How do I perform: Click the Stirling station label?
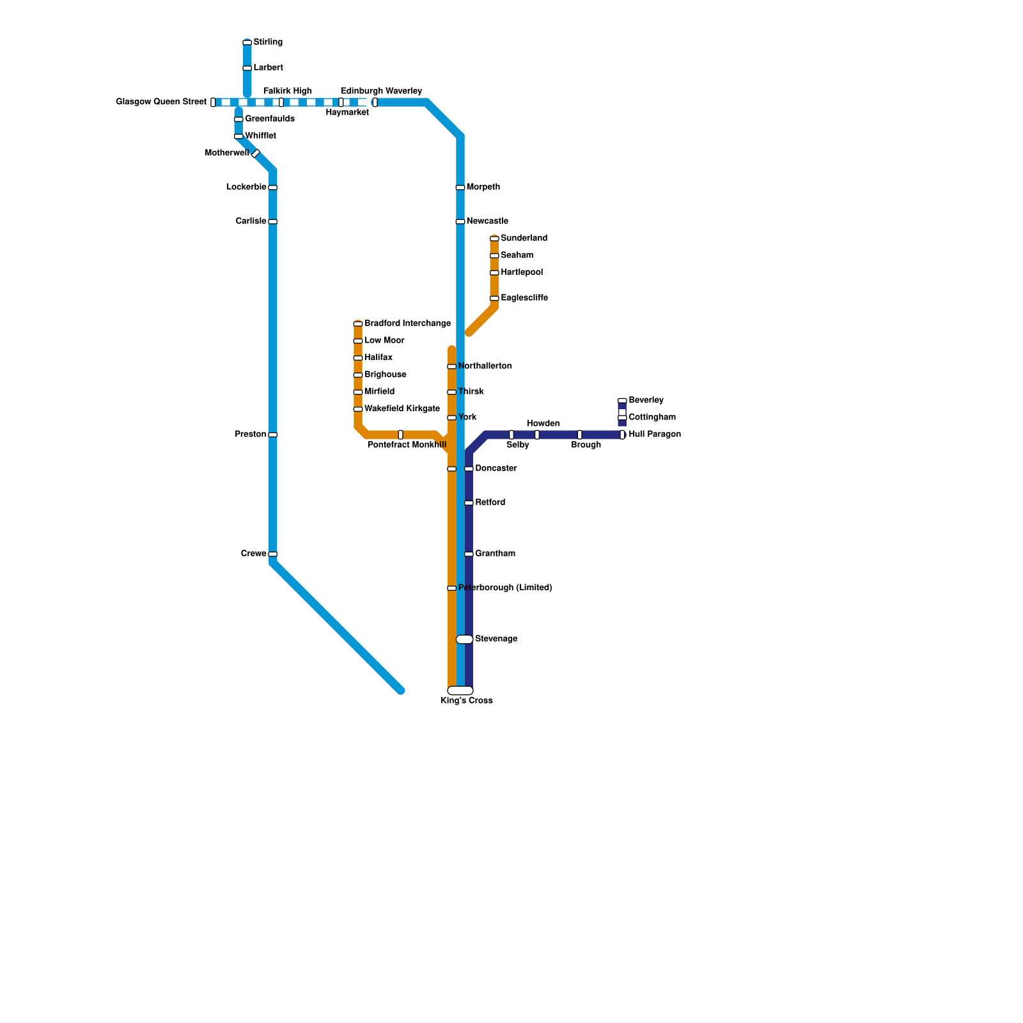click(x=268, y=42)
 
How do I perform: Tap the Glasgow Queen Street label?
click(x=161, y=102)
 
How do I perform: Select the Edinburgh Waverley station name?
click(x=381, y=91)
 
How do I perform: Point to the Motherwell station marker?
click(x=256, y=153)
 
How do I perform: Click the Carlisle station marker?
click(x=273, y=221)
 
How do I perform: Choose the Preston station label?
click(x=251, y=434)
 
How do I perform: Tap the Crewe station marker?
click(x=273, y=554)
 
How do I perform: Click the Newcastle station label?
click(x=487, y=221)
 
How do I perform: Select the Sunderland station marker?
click(x=494, y=238)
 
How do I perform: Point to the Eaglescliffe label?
click(x=524, y=298)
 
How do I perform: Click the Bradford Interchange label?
click(x=407, y=324)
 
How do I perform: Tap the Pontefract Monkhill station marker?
click(x=401, y=435)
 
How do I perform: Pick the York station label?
click(x=467, y=418)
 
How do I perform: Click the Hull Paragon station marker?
click(x=622, y=435)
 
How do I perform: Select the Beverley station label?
click(x=646, y=400)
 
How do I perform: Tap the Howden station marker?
click(x=537, y=435)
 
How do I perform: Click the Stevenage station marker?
click(x=465, y=639)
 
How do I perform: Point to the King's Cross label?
click(x=467, y=701)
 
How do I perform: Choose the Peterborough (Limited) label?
click(x=505, y=588)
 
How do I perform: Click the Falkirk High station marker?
click(x=281, y=102)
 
